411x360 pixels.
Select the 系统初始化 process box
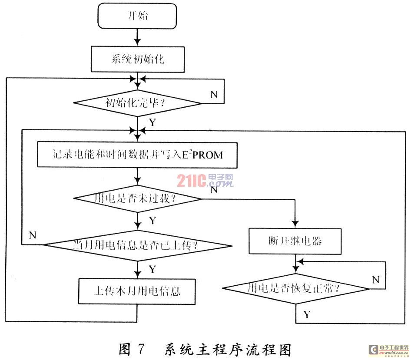[137, 59]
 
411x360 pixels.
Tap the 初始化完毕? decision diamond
[137, 103]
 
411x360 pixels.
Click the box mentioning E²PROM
[137, 155]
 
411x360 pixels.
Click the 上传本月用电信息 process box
[137, 291]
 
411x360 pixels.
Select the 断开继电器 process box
[295, 241]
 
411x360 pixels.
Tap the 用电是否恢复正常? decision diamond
[295, 287]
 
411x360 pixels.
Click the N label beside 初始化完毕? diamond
[214, 94]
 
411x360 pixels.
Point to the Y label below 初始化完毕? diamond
[152, 122]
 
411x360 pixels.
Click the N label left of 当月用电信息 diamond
[32, 235]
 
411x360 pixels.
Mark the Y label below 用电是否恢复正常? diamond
[307, 314]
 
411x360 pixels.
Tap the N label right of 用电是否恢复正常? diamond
[376, 279]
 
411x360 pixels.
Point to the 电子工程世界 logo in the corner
[388, 350]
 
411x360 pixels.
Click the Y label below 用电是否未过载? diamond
[152, 221]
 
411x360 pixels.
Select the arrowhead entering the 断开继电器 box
[295, 225]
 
